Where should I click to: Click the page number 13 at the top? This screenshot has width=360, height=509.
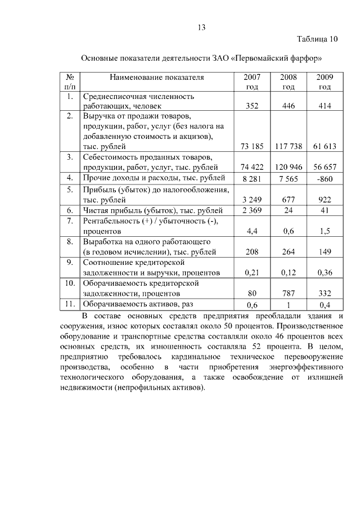(x=202, y=28)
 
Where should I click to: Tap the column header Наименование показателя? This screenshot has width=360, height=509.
(x=156, y=77)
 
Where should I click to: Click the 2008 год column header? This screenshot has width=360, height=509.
(x=289, y=82)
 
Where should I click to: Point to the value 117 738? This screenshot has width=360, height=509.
(x=289, y=146)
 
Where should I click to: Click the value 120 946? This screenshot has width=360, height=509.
(x=289, y=167)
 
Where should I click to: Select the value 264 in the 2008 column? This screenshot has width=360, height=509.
(x=289, y=252)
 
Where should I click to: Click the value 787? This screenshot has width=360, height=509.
(x=289, y=294)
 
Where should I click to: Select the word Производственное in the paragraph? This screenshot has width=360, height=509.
(x=308, y=326)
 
